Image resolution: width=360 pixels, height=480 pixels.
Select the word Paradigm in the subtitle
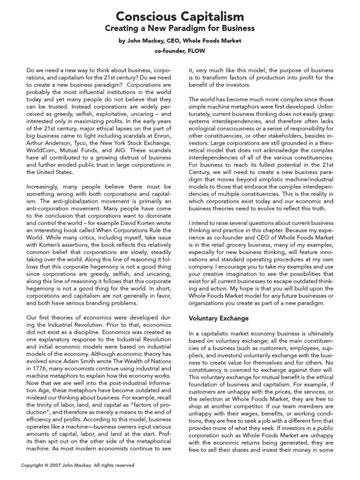pyautogui.click(x=194, y=29)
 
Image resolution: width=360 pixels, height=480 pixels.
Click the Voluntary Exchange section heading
pyautogui.click(x=218, y=318)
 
